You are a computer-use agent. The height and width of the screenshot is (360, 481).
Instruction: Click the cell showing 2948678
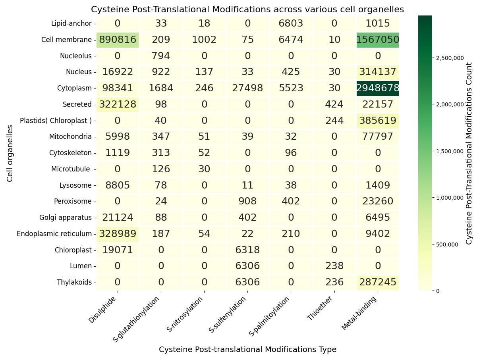tap(377, 88)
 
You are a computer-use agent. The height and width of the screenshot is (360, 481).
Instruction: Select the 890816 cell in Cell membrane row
tap(118, 40)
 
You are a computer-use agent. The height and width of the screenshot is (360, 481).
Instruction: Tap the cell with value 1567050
tap(377, 40)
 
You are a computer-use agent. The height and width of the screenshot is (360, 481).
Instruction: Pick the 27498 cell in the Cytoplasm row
tap(247, 88)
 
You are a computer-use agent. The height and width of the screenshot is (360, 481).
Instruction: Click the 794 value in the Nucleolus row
tap(161, 56)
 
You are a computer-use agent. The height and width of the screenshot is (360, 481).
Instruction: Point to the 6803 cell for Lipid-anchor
tap(291, 23)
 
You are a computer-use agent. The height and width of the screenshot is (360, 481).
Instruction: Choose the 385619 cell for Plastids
tap(377, 121)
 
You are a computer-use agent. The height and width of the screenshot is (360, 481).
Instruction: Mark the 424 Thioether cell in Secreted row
tap(334, 104)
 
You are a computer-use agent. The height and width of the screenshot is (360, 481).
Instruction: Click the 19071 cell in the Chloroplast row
tap(118, 250)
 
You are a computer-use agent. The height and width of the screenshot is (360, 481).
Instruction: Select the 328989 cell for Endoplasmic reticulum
tap(118, 234)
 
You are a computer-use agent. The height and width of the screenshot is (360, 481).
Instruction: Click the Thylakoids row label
tap(74, 282)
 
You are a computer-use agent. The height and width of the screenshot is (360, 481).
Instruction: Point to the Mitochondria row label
tap(70, 137)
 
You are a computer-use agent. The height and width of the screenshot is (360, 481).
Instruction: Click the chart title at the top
tap(247, 9)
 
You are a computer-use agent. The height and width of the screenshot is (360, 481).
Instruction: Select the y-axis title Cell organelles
tap(10, 153)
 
